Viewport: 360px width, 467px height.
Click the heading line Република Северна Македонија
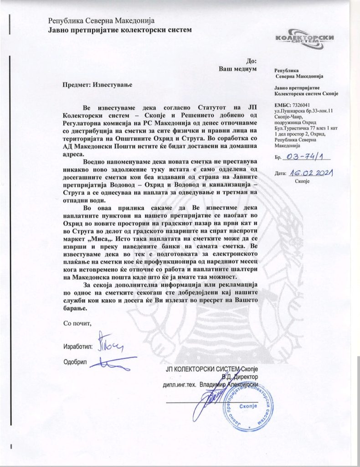(102, 21)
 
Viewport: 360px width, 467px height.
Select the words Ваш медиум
(238, 69)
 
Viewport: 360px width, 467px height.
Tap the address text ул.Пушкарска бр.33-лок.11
(304, 111)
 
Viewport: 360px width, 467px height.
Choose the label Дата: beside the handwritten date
(280, 174)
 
